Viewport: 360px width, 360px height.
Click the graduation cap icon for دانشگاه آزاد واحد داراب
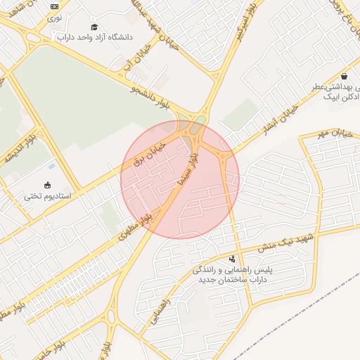(x=94, y=27)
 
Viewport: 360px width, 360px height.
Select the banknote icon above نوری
(x=55, y=6)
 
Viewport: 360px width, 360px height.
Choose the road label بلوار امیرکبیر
(x=251, y=21)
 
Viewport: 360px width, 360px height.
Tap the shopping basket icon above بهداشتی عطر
(x=343, y=76)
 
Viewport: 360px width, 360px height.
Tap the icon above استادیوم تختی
(x=47, y=185)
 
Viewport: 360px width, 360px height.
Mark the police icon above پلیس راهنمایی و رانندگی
(x=233, y=259)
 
